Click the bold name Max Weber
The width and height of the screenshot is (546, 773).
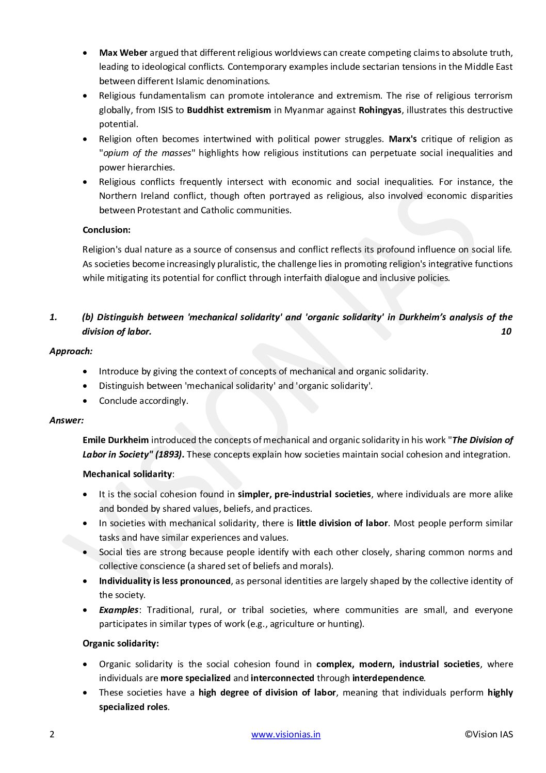[x=123, y=53]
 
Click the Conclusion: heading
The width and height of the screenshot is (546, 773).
[x=106, y=230]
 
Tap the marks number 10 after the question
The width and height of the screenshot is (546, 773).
[x=506, y=332]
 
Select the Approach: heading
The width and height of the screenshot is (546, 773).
[x=71, y=351]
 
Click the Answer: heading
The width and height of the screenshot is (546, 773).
[x=67, y=420]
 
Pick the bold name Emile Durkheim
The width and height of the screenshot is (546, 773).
[x=116, y=440]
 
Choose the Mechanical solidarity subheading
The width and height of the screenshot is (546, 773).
[x=127, y=474]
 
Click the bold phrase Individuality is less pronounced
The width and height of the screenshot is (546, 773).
[x=165, y=581]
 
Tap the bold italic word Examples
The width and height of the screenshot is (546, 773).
[x=119, y=610]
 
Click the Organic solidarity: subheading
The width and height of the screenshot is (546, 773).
[x=121, y=644]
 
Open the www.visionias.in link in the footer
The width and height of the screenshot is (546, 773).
[x=286, y=735]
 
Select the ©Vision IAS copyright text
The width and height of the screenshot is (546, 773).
[x=489, y=735]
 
